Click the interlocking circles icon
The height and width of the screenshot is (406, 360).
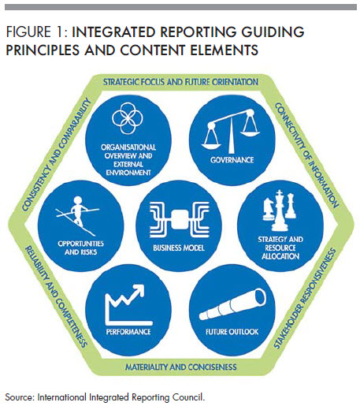tap(128, 121)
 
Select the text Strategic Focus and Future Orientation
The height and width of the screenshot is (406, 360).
tap(180, 81)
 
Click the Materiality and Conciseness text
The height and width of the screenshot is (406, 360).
tap(180, 366)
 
